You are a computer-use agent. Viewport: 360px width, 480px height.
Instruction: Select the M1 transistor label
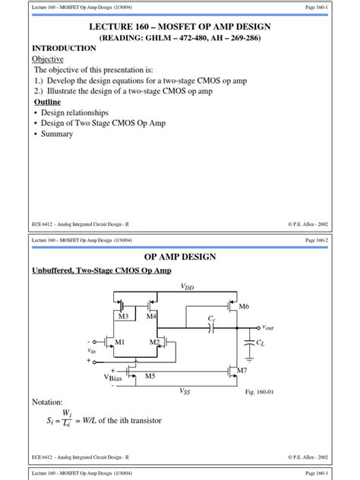pyautogui.click(x=118, y=343)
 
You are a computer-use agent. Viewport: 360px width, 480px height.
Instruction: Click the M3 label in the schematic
pyautogui.click(x=124, y=315)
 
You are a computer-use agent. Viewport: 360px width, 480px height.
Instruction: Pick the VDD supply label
pyautogui.click(x=187, y=287)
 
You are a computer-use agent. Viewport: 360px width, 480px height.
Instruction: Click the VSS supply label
pyautogui.click(x=185, y=390)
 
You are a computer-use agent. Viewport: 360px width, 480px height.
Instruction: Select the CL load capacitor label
pyautogui.click(x=261, y=343)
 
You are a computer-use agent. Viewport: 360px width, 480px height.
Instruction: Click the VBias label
pyautogui.click(x=113, y=377)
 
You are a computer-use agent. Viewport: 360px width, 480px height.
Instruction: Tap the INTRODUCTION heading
pyautogui.click(x=64, y=48)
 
